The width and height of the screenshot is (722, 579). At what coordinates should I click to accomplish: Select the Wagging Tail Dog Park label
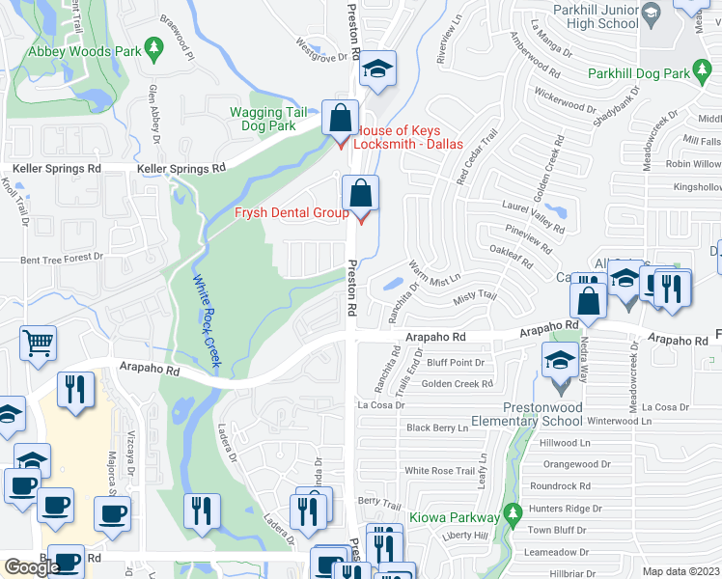coord(263,119)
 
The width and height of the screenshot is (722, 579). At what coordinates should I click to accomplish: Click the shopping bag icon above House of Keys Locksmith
coord(340,120)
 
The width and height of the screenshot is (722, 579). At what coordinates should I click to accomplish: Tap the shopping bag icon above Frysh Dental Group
coord(360,194)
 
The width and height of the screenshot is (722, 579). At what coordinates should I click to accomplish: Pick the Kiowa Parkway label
coord(461,517)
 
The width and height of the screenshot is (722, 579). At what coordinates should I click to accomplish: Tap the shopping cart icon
coord(38,342)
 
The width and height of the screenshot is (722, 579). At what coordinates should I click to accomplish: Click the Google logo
coord(32,567)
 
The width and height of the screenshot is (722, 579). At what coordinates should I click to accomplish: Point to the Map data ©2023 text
coord(681,571)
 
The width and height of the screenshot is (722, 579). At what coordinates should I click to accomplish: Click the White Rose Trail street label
coord(441,470)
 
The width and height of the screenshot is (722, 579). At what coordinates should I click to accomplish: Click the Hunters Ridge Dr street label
coord(566,508)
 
